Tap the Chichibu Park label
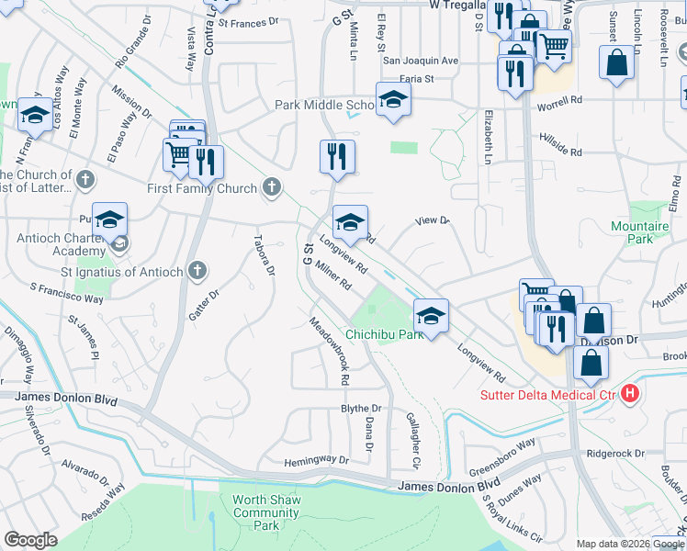pyautogui.click(x=384, y=334)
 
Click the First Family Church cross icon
pyautogui.click(x=271, y=188)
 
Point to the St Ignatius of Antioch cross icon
pyautogui.click(x=197, y=270)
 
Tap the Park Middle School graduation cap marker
pyautogui.click(x=393, y=100)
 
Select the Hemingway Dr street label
pyautogui.click(x=317, y=460)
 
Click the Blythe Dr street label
pyautogui.click(x=361, y=408)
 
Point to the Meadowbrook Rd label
pyautogui.click(x=330, y=351)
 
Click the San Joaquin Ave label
pyautogui.click(x=420, y=61)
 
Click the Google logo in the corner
pyautogui.click(x=30, y=540)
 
